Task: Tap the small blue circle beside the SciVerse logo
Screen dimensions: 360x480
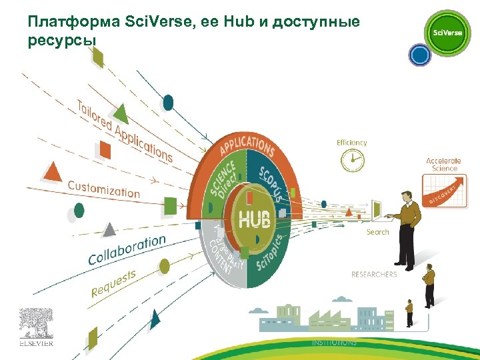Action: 419,55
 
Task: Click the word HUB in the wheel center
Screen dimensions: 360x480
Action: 255,219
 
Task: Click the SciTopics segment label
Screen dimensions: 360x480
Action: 271,253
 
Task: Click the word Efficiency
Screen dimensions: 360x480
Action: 351,143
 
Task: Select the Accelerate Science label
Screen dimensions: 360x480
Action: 443,165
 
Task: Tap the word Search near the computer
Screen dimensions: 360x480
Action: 377,232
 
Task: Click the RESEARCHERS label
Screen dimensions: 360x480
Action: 374,274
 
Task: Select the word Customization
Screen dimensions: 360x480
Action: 103,189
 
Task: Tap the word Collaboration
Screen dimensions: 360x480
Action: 127,249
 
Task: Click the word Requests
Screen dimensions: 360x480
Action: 113,283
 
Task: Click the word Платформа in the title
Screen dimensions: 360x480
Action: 74,22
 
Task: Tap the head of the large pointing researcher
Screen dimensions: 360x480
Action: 404,196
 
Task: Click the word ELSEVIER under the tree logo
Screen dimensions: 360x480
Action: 36,344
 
